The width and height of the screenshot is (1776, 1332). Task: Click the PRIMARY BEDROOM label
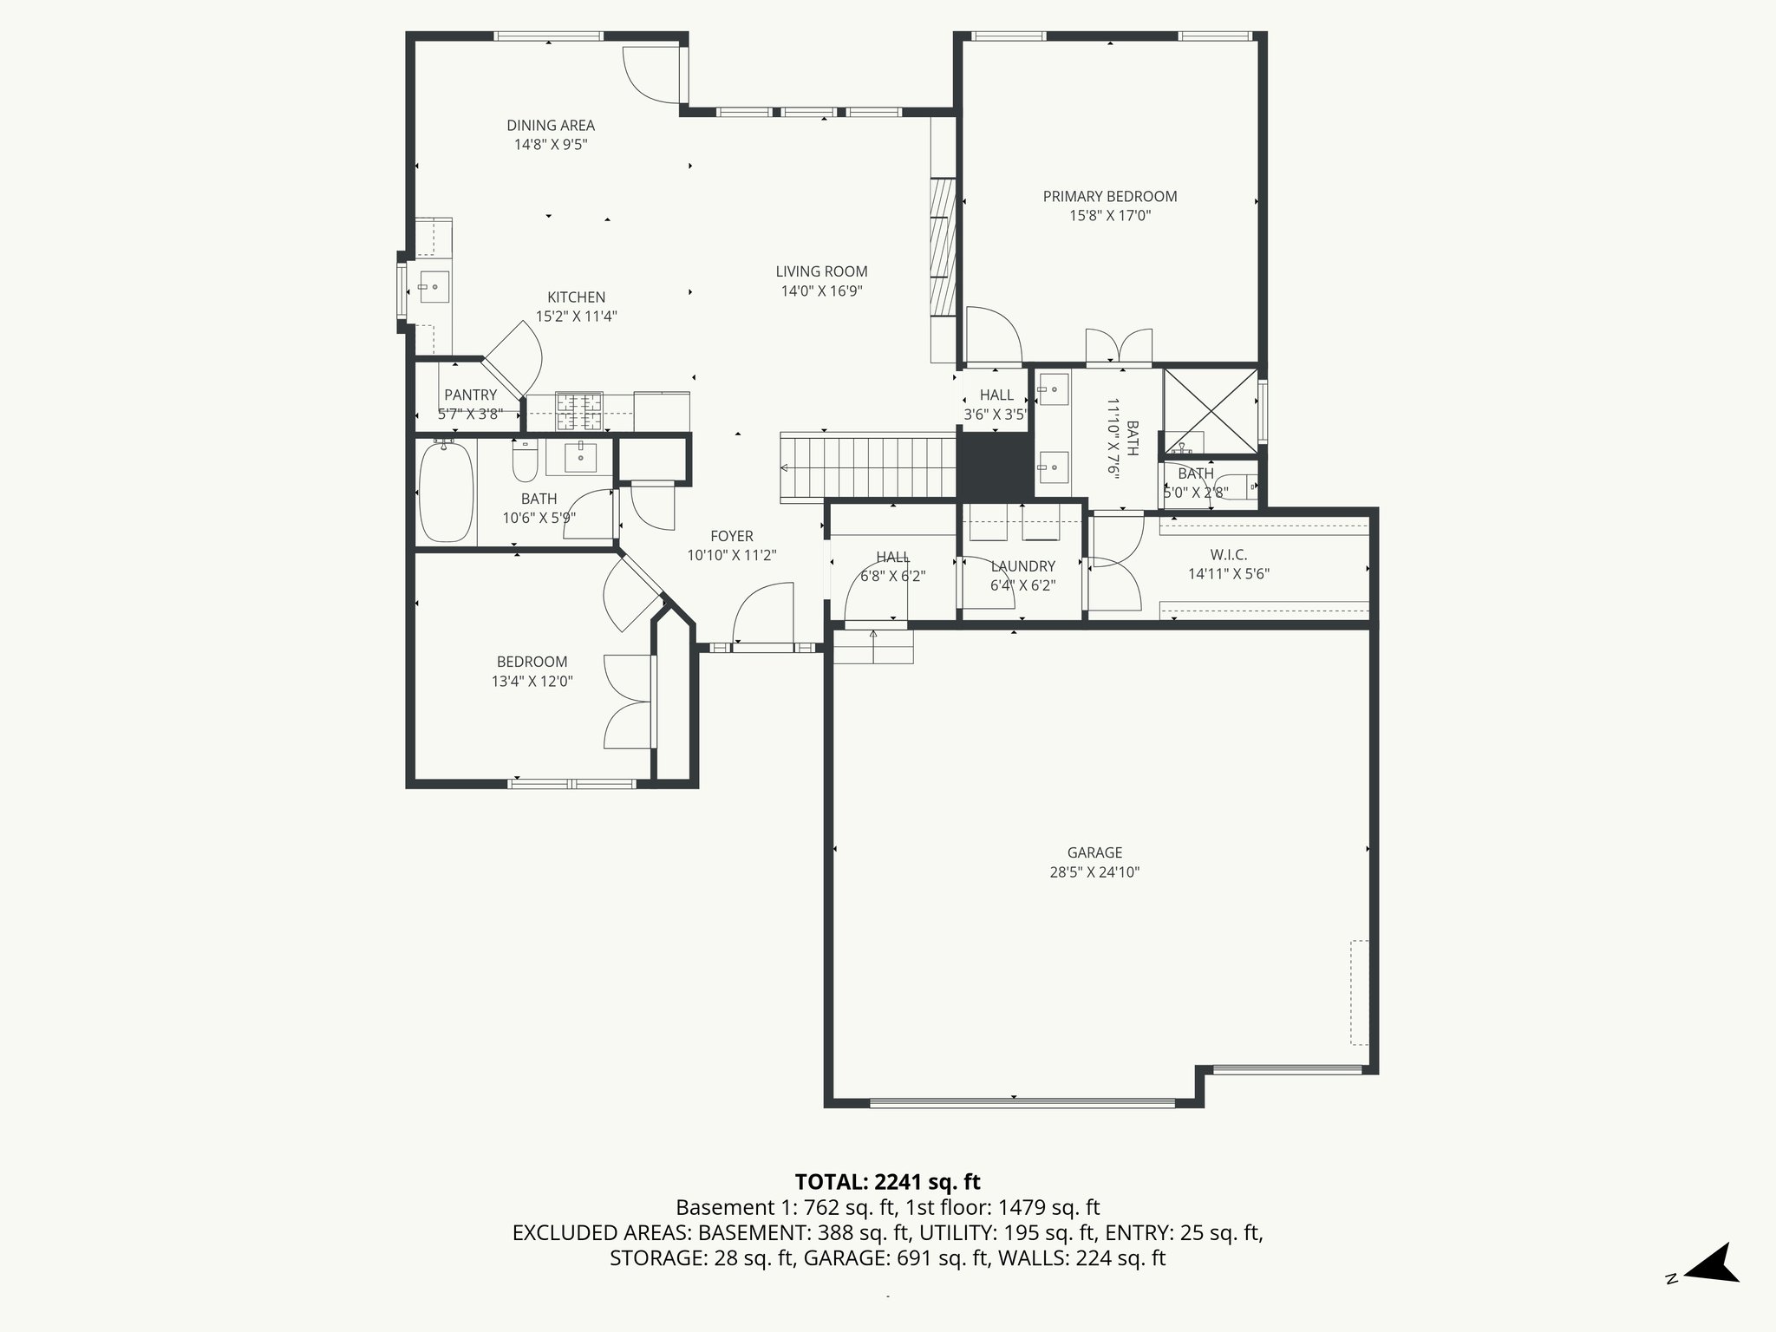click(x=1109, y=197)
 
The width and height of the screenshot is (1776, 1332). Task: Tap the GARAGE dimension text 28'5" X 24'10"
click(x=1094, y=872)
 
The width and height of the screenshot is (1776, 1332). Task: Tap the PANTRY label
click(x=470, y=395)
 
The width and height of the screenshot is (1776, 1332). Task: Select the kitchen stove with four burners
click(x=579, y=411)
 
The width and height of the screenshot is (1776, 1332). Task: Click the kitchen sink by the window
click(x=433, y=286)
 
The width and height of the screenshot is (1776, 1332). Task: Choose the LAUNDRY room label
click(x=1022, y=566)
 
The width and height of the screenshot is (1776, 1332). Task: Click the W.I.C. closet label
click(x=1229, y=555)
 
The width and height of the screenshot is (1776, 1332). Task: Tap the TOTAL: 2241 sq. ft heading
click(x=887, y=1182)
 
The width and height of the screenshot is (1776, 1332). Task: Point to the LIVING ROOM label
click(x=821, y=272)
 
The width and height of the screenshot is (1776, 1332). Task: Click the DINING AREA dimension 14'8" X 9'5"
click(x=551, y=145)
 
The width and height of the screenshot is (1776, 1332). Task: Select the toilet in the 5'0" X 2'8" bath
click(x=1235, y=488)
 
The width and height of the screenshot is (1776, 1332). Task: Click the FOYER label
click(x=731, y=537)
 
